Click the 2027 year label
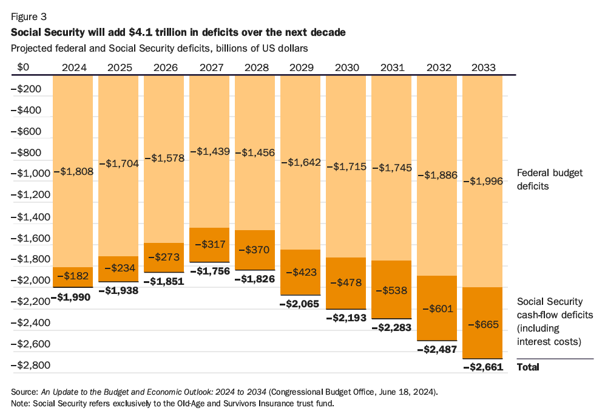pos(211,67)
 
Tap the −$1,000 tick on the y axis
pos(31,174)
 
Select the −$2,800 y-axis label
pos(31,365)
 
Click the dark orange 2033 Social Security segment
pos(482,323)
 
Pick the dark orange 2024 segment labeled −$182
pos(73,277)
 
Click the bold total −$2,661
pos(483,367)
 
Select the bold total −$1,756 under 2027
pos(210,271)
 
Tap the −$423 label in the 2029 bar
pos(302,272)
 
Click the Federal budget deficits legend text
pos(550,180)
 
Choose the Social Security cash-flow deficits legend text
pos(555,322)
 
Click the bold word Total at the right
pos(528,367)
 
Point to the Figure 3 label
pos(29,16)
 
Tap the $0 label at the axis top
pos(23,67)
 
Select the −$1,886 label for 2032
pos(438,175)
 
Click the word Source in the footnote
pos(24,392)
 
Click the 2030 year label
pos(347,67)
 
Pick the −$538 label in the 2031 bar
pos(391,290)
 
